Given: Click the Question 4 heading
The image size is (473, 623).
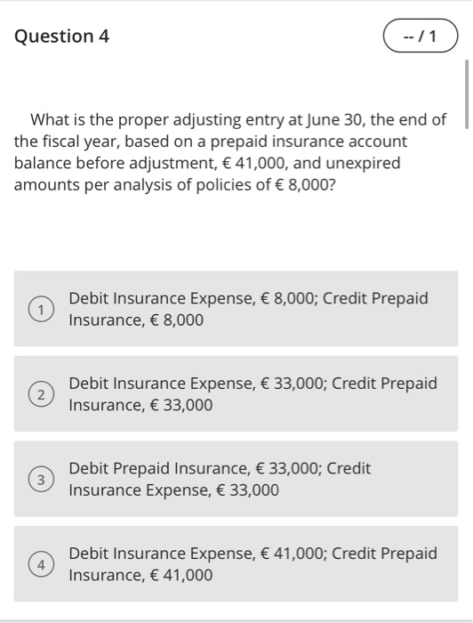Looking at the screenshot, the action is click(x=61, y=36).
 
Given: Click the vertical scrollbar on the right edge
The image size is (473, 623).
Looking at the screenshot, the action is click(x=466, y=95).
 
